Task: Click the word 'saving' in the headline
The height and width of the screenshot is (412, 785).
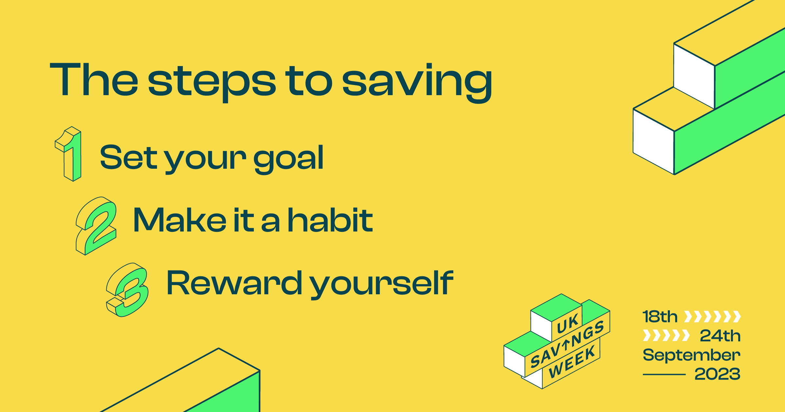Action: tap(417, 83)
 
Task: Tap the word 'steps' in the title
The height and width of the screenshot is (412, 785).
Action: tap(212, 83)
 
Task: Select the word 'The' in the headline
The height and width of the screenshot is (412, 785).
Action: tap(94, 79)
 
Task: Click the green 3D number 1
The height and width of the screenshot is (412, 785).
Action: tap(68, 154)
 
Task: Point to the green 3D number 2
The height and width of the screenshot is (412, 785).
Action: tap(96, 226)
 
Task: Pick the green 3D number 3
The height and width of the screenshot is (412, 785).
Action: tap(127, 290)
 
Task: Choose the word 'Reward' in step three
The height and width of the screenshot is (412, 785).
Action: tap(235, 283)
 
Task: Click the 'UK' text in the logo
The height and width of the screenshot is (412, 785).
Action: tap(567, 324)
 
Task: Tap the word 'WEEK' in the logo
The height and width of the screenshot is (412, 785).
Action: tap(572, 362)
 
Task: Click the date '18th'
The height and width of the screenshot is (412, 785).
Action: tap(660, 317)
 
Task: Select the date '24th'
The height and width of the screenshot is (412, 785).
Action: tap(720, 335)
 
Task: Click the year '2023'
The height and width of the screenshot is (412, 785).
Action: tap(717, 374)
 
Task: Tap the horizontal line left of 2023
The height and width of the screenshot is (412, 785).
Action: tap(664, 375)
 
